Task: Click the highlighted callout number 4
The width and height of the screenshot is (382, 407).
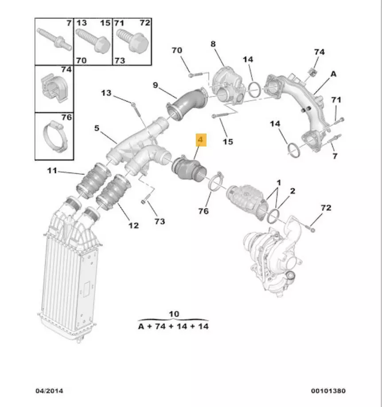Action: click(200, 141)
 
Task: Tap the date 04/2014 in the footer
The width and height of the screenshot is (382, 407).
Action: click(49, 391)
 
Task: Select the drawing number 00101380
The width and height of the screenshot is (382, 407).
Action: click(327, 391)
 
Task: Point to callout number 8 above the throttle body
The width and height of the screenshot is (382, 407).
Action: click(213, 43)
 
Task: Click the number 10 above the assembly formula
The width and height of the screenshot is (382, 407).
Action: click(174, 314)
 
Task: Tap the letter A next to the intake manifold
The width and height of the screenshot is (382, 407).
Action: click(333, 74)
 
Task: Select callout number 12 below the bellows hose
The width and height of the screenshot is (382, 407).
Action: click(133, 225)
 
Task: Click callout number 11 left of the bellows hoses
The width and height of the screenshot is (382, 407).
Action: click(53, 170)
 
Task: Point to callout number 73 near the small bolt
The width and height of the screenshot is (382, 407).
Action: click(159, 221)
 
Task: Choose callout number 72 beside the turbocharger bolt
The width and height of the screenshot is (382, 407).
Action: click(326, 208)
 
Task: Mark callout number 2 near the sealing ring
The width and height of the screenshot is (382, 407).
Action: click(292, 191)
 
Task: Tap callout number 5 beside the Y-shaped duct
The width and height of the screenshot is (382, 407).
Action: click(97, 129)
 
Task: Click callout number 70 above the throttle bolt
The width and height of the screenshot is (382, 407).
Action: click(176, 51)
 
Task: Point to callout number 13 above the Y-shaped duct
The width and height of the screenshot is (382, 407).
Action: click(106, 93)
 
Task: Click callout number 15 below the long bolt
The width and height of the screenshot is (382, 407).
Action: click(228, 142)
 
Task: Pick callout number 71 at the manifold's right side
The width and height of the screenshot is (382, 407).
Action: click(336, 99)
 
